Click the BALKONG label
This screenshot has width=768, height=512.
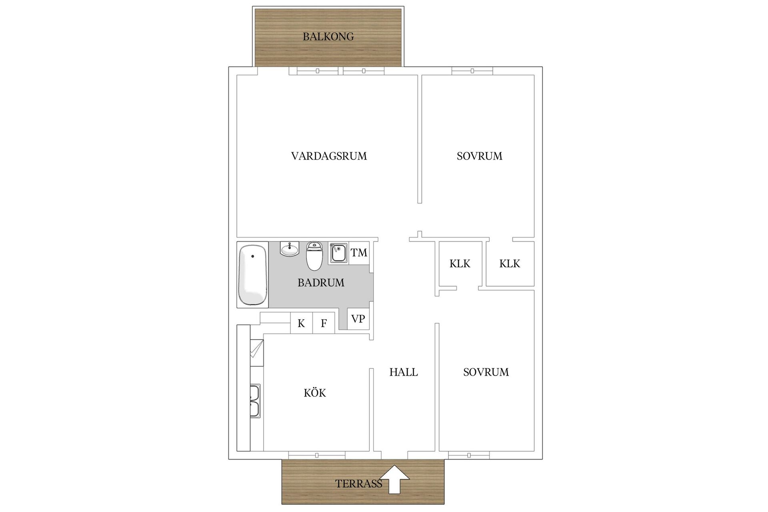[328, 37]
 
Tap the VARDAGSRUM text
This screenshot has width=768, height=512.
[329, 156]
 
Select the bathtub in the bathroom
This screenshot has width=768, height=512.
[252, 275]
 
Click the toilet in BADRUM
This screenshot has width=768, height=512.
[314, 256]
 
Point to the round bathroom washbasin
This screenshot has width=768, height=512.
[290, 249]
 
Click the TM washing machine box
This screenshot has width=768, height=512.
[359, 253]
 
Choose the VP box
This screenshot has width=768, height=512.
[358, 319]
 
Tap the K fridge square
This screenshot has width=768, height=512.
[301, 323]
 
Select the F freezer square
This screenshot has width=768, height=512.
[324, 323]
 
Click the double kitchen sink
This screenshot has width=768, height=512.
[255, 401]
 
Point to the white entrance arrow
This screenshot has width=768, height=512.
[394, 479]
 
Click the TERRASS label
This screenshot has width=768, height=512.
[358, 484]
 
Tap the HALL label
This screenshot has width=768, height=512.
[404, 372]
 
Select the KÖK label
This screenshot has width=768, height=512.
[315, 393]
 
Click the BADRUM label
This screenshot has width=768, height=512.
[321, 283]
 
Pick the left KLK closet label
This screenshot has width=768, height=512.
[460, 264]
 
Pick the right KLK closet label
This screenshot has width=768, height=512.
[510, 264]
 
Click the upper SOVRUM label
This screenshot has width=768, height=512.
[480, 156]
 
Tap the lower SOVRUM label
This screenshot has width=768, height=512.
[486, 372]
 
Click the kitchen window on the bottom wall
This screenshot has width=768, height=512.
[317, 455]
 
